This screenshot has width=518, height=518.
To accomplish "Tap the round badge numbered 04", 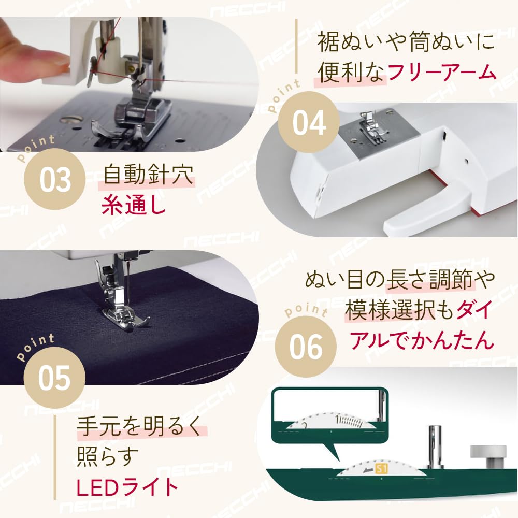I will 309,123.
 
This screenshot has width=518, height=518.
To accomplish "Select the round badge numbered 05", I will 54,378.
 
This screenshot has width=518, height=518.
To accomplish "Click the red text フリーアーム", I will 441,73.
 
